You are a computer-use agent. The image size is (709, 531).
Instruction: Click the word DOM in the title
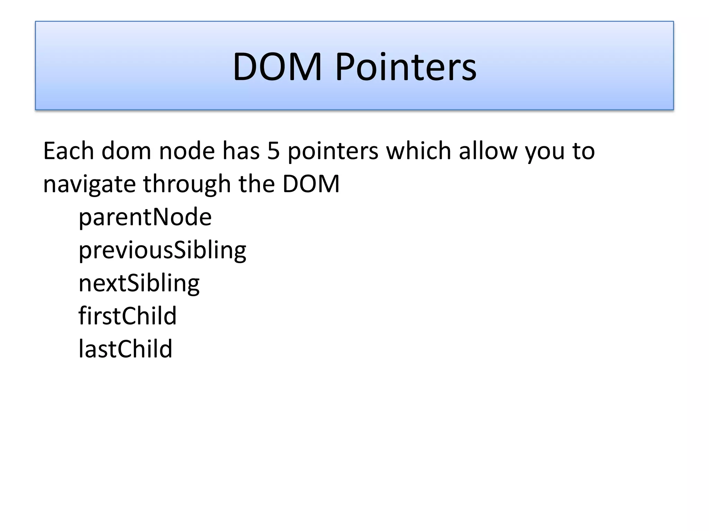[277, 66]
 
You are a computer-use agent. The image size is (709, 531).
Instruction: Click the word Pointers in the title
[406, 66]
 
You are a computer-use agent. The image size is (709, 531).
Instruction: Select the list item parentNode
[145, 217]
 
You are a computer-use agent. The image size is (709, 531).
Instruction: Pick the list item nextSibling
[139, 283]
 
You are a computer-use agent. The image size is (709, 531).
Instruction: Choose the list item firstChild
[127, 316]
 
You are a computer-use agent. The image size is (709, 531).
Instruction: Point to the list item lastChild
[125, 348]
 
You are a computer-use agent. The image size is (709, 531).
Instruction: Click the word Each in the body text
[68, 151]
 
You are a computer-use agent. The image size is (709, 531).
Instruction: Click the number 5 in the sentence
[273, 151]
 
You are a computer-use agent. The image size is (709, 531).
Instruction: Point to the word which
[419, 151]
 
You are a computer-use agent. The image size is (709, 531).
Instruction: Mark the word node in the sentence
[187, 151]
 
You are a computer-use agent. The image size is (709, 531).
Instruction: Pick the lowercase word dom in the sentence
[126, 151]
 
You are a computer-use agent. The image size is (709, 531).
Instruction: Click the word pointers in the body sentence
[333, 152]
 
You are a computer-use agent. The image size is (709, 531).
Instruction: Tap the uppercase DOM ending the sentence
[311, 184]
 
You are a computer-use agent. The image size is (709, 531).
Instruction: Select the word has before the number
[241, 151]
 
